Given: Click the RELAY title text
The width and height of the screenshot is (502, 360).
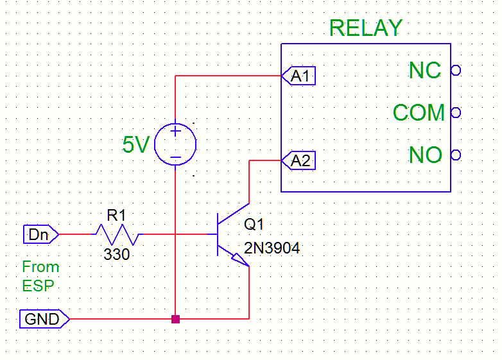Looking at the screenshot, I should pyautogui.click(x=365, y=28).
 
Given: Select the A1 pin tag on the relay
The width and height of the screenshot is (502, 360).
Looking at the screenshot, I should pyautogui.click(x=299, y=76).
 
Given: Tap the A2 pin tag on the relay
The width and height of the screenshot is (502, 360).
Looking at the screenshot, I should pyautogui.click(x=299, y=160).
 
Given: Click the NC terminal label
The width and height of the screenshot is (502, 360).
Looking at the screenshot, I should pyautogui.click(x=424, y=71).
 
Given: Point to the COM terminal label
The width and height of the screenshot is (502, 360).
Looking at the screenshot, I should pyautogui.click(x=419, y=113).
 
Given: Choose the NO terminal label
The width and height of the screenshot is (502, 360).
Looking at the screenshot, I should pyautogui.click(x=425, y=155).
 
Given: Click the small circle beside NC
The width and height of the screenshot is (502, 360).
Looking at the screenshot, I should pyautogui.click(x=456, y=71).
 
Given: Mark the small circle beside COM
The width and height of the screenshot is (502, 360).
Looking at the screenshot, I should pyautogui.click(x=456, y=113).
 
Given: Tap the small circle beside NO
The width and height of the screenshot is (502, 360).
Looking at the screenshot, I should pyautogui.click(x=456, y=155).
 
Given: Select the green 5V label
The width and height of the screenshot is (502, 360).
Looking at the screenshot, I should pyautogui.click(x=135, y=145).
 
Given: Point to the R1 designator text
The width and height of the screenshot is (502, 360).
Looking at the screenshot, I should pyautogui.click(x=116, y=216).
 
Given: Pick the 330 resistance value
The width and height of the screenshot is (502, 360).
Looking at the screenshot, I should pyautogui.click(x=116, y=255).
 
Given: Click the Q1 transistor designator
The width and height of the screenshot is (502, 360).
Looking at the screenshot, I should pyautogui.click(x=254, y=225).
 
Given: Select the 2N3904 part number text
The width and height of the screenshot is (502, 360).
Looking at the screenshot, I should pyautogui.click(x=272, y=248).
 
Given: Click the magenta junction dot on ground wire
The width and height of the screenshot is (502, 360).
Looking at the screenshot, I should pyautogui.click(x=175, y=318).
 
